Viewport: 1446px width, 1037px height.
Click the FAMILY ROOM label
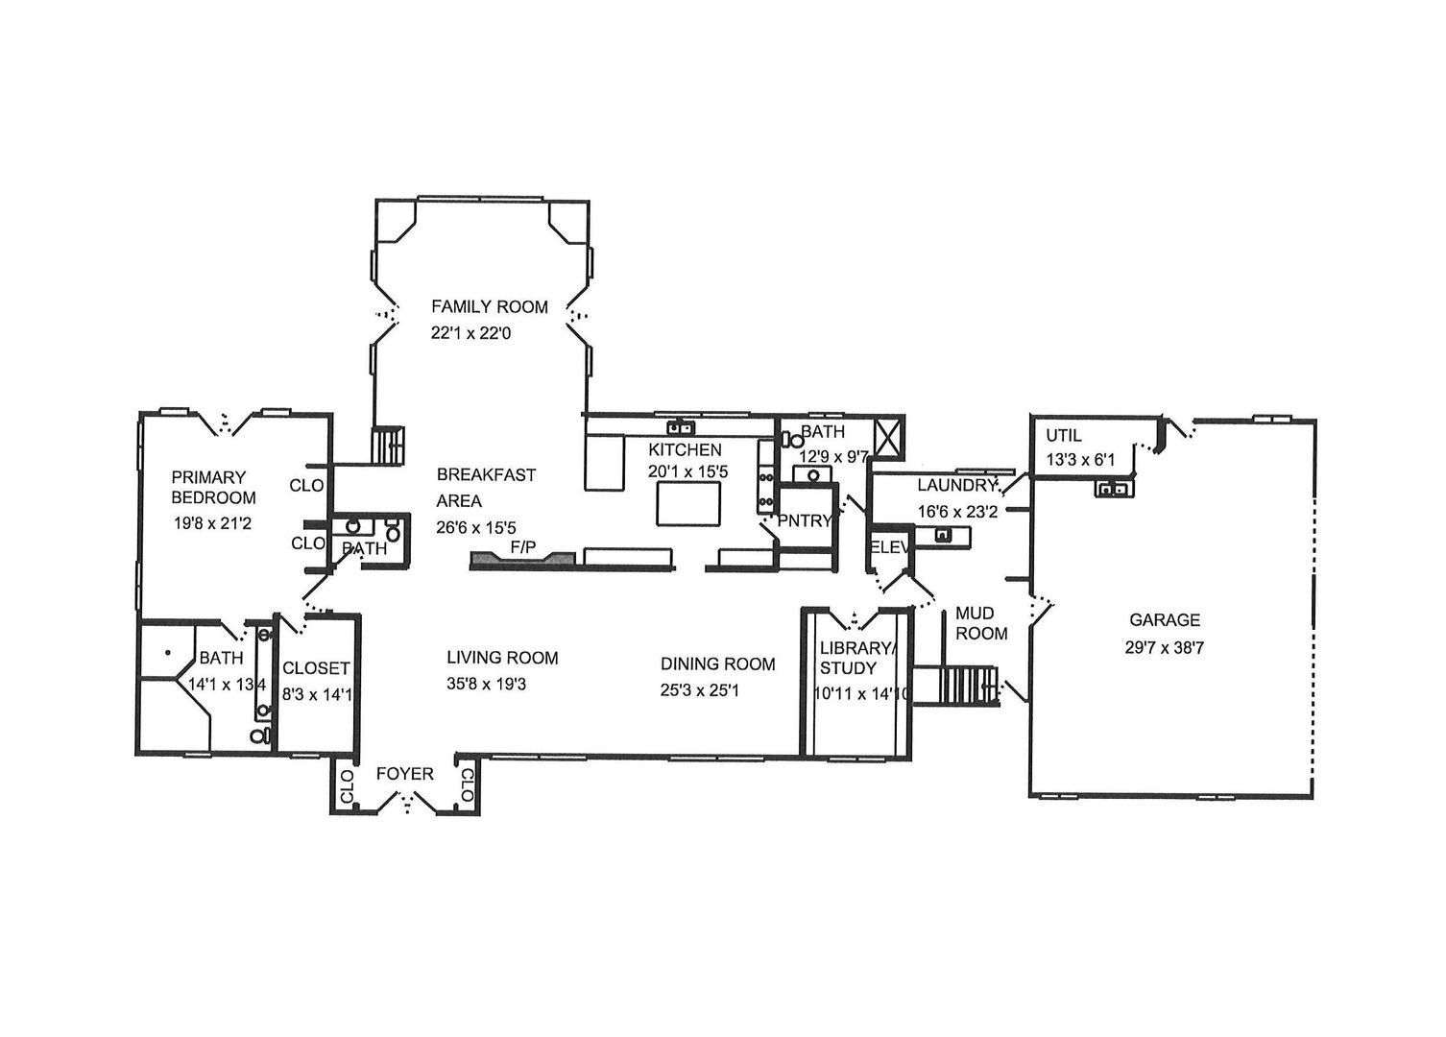(x=489, y=307)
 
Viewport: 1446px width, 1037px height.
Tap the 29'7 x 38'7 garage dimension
(x=1164, y=648)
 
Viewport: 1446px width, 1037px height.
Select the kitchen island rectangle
(x=687, y=503)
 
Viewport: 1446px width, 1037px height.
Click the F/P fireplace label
(x=522, y=547)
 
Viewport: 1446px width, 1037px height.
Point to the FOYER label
(x=404, y=774)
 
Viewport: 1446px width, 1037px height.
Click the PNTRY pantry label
(x=805, y=521)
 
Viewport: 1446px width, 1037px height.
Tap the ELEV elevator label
(x=888, y=547)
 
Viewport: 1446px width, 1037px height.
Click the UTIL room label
(x=1063, y=435)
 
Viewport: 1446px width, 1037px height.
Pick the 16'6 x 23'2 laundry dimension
(x=957, y=512)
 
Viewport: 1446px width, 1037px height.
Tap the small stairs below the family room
(x=389, y=445)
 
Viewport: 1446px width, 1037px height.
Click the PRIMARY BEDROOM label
(x=213, y=487)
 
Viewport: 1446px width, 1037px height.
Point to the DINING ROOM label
(x=717, y=663)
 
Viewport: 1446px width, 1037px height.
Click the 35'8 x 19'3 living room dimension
(x=501, y=685)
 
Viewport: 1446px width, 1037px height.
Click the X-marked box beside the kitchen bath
(x=889, y=436)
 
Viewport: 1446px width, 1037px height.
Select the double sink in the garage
(x=1114, y=490)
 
